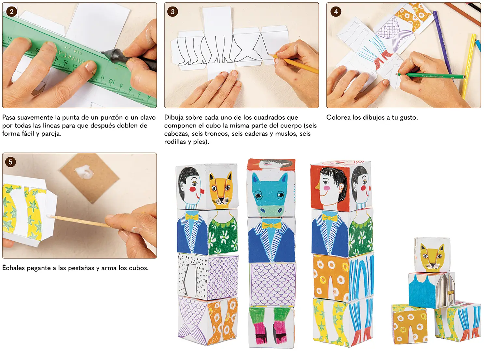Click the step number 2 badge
tap(12, 12)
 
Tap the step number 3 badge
tap(173, 12)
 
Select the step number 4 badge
tap(336, 12)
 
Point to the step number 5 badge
tap(10, 162)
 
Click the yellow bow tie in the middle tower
tap(271, 225)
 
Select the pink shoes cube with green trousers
tap(271, 327)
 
